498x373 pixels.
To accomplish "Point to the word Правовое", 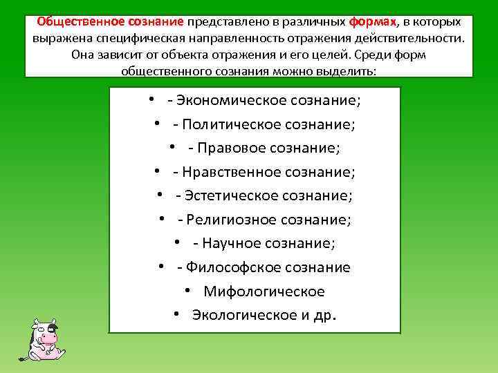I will pyautogui.click(x=232, y=148).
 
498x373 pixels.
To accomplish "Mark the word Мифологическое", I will pyautogui.click(x=264, y=291).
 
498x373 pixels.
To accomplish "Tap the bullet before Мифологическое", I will pyautogui.click(x=187, y=291).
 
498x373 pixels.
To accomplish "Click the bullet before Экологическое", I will pyautogui.click(x=177, y=314).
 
